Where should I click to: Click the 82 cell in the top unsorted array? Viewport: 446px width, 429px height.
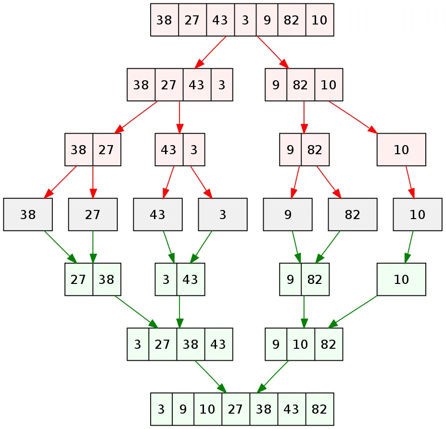pos(292,20)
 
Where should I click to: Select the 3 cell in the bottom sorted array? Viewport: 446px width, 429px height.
pos(161,409)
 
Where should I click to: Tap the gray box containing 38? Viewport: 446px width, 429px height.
pos(28,214)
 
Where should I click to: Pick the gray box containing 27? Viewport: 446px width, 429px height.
pos(93,214)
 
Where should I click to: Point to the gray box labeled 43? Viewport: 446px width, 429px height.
pos(158,214)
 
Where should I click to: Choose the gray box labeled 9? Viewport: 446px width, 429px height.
pos(288,214)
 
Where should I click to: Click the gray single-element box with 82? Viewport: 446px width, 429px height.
pos(353,214)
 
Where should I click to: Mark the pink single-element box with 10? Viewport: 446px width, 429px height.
pos(401,149)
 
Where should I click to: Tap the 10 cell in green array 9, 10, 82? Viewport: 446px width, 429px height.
pos(301,344)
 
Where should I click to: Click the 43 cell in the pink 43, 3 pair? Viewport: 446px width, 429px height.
pos(168,149)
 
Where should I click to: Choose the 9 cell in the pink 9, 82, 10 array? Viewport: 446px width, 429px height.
pos(276,85)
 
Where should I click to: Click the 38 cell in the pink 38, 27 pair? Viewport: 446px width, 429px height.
pos(79,149)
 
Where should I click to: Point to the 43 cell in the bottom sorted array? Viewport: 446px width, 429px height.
pos(292,409)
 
